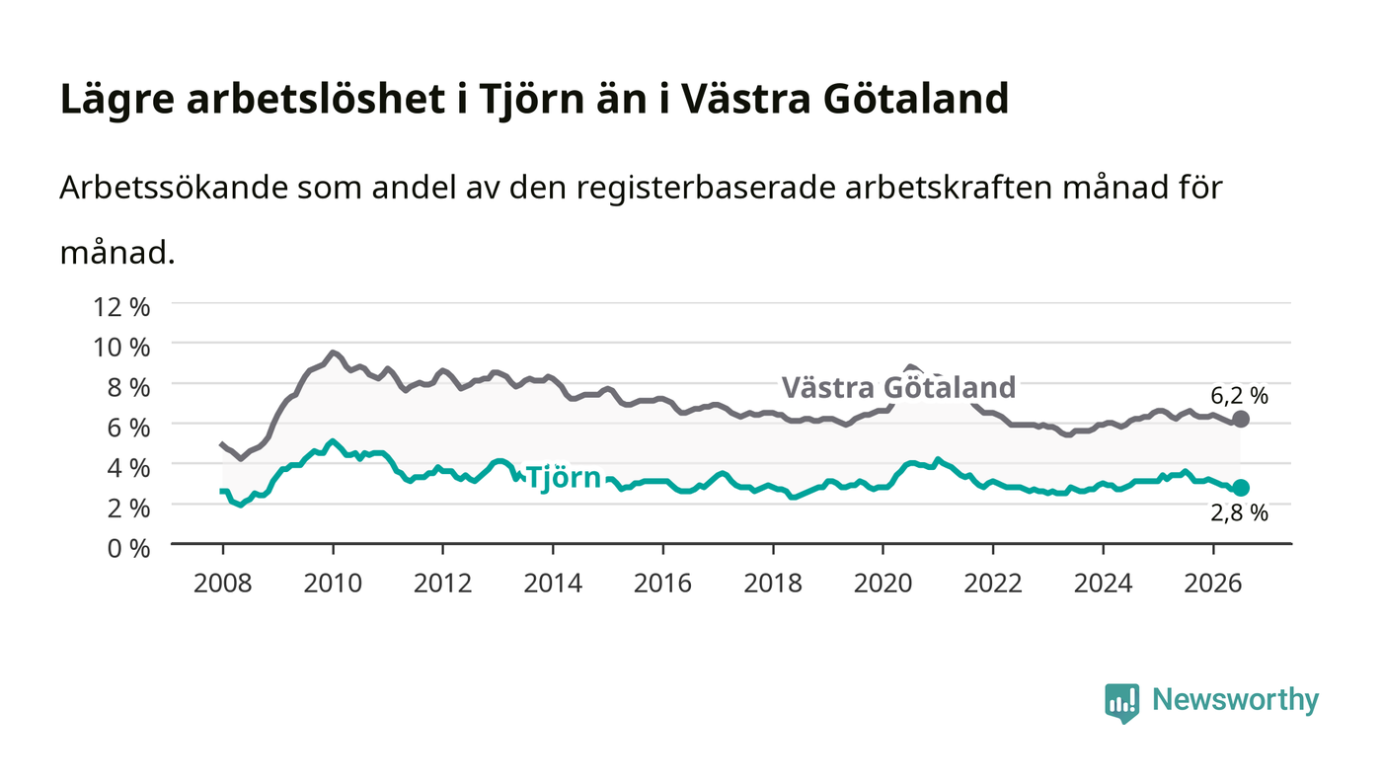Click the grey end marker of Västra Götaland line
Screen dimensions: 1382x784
coord(1240,420)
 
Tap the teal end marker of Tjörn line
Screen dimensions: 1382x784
coord(1240,488)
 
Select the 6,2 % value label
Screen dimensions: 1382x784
coord(1240,396)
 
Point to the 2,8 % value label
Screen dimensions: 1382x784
coord(1240,513)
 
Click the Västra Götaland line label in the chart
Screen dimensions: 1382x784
coord(898,388)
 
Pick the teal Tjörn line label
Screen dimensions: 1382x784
coord(564,478)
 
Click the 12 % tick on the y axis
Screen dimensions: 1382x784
coord(121,307)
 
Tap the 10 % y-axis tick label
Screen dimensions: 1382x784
coord(121,348)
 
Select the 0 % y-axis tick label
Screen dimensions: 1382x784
coord(128,548)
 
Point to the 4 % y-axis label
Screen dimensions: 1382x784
coord(128,468)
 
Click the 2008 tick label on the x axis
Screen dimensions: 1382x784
coord(223,584)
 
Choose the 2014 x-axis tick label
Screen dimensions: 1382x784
coord(553,584)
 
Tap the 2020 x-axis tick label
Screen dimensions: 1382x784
coord(883,584)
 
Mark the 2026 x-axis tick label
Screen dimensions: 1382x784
coord(1213,584)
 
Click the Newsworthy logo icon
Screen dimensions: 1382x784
coord(1121,703)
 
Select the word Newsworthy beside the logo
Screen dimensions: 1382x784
coord(1236,700)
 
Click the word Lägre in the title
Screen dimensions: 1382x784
coord(117,100)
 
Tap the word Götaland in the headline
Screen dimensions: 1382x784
coord(916,99)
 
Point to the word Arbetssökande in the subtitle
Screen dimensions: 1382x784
coord(174,188)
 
